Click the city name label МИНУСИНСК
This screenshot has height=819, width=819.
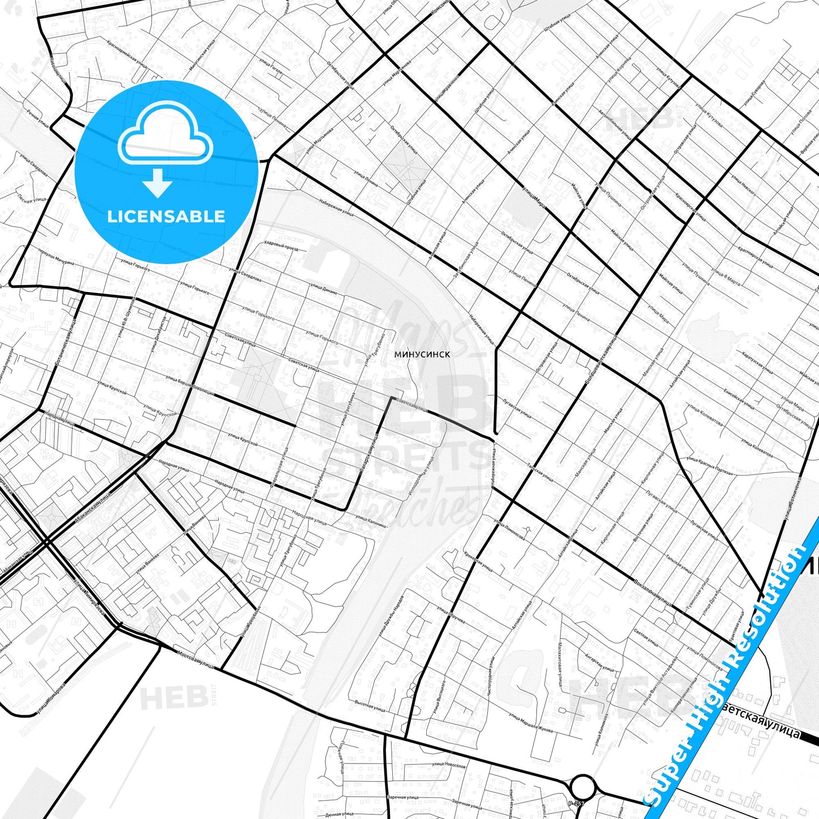pyautogui.click(x=422, y=354)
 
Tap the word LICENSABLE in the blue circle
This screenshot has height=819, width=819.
pyautogui.click(x=166, y=216)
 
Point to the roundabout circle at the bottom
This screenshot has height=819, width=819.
pyautogui.click(x=583, y=787)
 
